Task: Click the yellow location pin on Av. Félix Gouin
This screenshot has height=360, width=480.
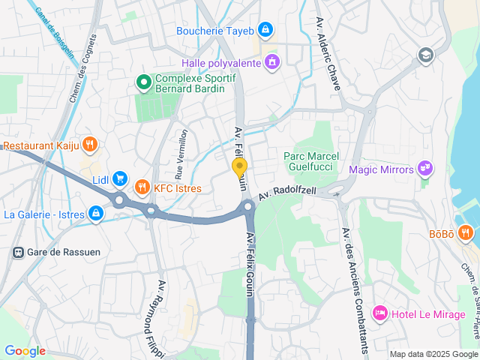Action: pos(239,167)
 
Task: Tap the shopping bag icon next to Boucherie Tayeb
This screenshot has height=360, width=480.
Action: pos(264,30)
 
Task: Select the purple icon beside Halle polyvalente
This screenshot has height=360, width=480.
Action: pos(271,63)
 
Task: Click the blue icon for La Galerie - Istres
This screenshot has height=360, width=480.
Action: pos(95,214)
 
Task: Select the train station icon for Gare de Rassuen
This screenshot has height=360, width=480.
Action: pos(16,251)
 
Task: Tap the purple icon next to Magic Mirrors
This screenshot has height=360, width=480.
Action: pos(425,169)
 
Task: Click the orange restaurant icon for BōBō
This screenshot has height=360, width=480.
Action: pos(466,234)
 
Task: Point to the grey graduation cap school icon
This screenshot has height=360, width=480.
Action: pos(426,55)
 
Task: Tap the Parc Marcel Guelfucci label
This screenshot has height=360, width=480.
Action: pos(311,161)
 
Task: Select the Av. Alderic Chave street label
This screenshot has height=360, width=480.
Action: pos(328,53)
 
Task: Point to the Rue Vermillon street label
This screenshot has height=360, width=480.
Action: pos(181,153)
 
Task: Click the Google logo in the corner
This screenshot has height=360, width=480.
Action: pos(25,351)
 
